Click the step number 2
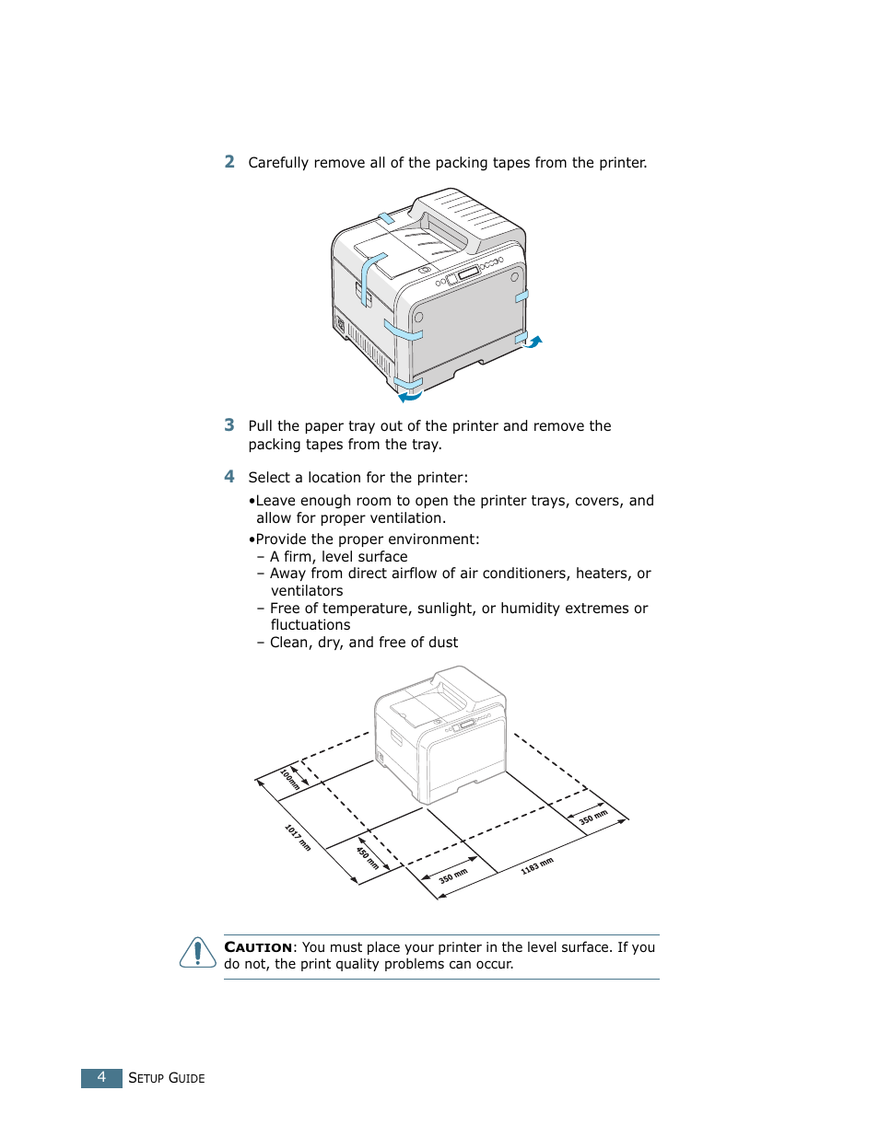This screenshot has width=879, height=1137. point(229,162)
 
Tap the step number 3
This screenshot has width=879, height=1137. point(229,425)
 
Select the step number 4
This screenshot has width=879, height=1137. point(229,477)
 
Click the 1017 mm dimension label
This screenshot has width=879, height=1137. point(298,837)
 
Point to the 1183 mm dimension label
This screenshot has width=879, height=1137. point(537,865)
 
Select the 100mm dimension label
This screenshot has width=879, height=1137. point(290,779)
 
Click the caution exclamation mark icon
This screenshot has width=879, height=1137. point(197,953)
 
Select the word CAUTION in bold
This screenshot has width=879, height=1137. point(258,947)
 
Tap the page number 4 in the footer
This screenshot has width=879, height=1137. point(101,1077)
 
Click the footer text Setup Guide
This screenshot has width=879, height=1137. point(167,1078)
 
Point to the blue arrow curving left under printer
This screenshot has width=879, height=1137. point(410,397)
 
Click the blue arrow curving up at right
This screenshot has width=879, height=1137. point(533,342)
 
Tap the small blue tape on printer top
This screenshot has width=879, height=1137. point(386,218)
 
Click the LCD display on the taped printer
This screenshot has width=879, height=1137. point(468,273)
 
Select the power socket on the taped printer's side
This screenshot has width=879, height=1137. point(339,324)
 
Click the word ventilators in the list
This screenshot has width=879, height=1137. point(307,591)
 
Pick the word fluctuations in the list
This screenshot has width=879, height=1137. point(311,625)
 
